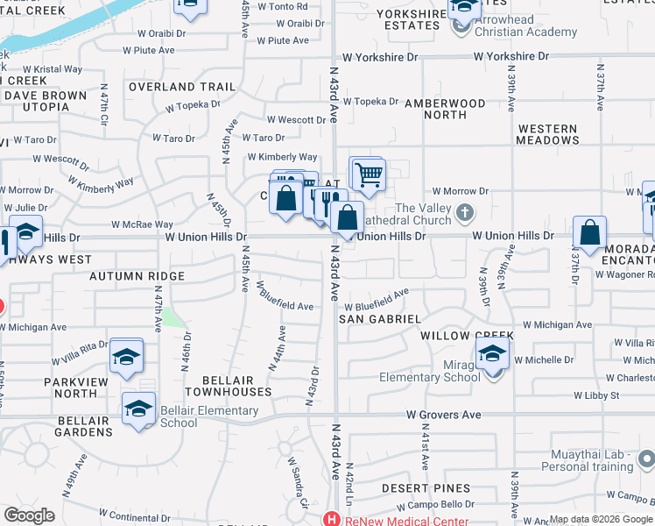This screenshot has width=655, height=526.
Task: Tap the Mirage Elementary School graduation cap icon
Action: [493, 352]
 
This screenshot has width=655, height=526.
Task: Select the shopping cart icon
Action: [369, 174]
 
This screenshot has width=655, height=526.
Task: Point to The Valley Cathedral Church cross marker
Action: [466, 211]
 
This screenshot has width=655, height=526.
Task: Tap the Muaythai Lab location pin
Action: [646, 458]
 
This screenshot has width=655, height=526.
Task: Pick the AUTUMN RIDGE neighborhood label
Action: [137, 275]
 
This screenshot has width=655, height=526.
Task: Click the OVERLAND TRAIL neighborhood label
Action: [182, 87]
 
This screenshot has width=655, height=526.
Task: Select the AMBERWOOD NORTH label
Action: [445, 109]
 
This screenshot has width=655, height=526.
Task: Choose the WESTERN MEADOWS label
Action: [547, 134]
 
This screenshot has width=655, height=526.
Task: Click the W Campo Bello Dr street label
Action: [433, 505]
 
